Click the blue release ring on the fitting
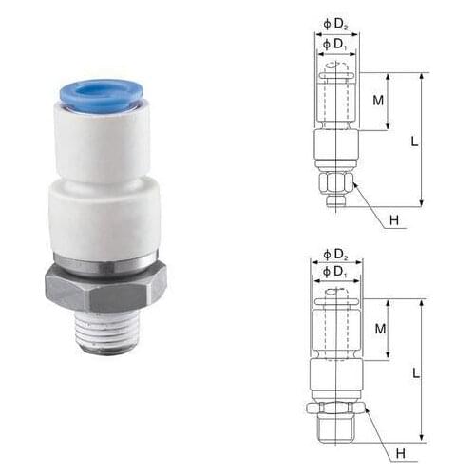pos(101,92)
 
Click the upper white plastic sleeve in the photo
pos(102,142)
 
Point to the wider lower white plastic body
pos(104,218)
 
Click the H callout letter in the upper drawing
pos(393,221)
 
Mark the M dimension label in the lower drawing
pos(378,328)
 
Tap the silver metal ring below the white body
pos(104,261)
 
